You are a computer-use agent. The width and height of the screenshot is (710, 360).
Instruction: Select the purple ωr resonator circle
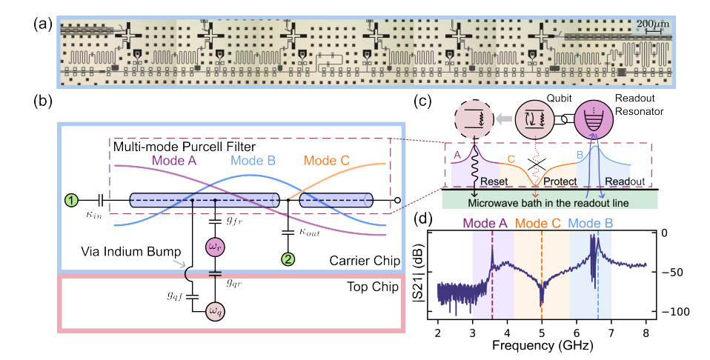(x=215, y=246)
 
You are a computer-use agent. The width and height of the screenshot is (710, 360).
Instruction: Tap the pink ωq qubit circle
(x=215, y=310)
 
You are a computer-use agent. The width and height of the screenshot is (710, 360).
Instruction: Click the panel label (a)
(x=42, y=21)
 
